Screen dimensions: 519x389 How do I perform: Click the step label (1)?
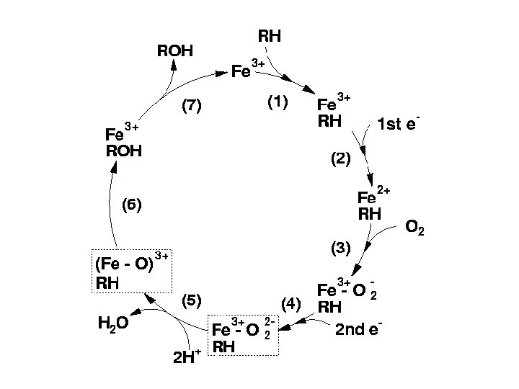pos(278,104)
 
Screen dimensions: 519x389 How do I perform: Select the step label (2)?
pos(340,160)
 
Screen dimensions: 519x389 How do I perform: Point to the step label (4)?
pos(290,304)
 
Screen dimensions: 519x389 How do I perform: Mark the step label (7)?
pos(191,106)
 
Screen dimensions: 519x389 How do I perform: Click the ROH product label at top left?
pos(175,50)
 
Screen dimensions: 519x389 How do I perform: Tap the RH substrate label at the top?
pos(270,35)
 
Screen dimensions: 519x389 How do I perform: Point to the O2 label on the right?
pos(414,229)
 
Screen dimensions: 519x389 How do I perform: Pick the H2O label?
pos(113,323)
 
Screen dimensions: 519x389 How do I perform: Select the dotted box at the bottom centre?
pos(243,336)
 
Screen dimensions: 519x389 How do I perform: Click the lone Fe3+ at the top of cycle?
pos(247,71)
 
